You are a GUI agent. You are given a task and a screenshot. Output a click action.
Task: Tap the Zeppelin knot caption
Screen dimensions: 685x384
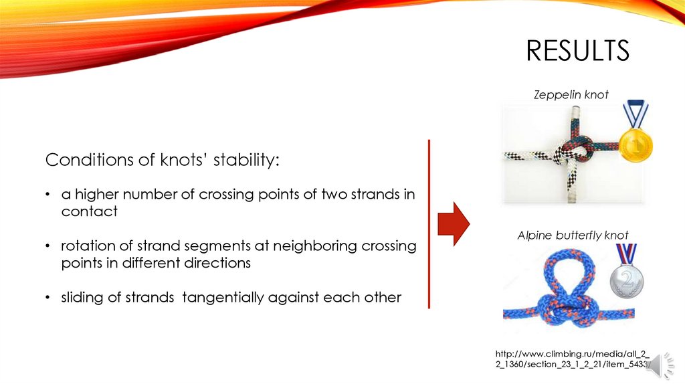[571, 94]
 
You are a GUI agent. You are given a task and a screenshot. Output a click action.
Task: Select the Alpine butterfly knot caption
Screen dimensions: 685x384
[573, 235]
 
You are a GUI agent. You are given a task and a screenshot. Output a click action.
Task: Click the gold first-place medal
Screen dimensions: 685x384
[635, 131]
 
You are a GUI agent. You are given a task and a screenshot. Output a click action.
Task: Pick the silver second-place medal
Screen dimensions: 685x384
[626, 272]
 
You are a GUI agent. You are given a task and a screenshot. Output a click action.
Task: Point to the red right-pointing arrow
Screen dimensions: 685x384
[454, 223]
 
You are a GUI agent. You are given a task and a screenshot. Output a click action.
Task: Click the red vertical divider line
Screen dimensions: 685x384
[429, 224]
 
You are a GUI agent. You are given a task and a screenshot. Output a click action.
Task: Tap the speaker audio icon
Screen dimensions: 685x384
[660, 365]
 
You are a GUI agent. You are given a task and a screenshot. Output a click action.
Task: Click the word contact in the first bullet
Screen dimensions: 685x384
[89, 211]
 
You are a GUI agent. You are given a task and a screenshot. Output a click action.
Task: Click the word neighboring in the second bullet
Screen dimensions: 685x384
[315, 246]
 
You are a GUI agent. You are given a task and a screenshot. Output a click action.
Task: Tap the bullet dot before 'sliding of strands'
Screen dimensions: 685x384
[47, 297]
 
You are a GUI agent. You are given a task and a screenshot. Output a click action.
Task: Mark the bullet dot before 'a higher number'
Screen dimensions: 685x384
[47, 194]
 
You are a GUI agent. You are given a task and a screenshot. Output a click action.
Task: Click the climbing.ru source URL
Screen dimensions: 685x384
[573, 359]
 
